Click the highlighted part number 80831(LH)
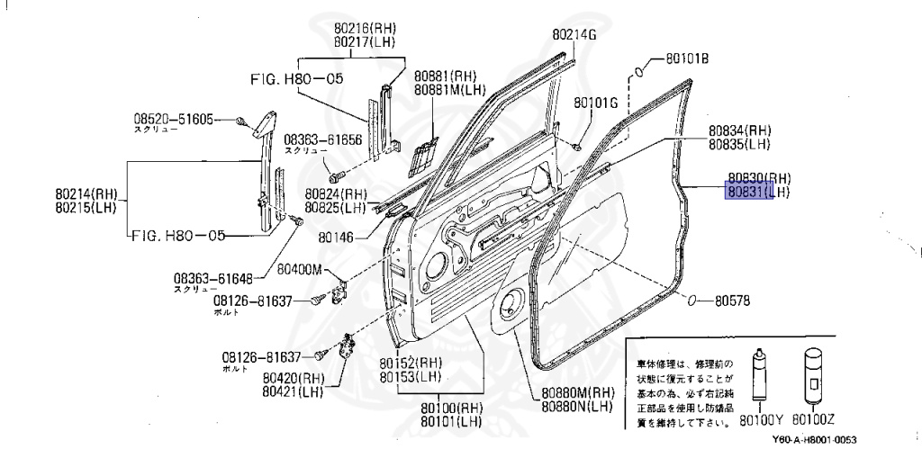point(758,191)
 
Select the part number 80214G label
point(574,34)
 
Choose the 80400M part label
point(299,268)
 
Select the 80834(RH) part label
point(739,130)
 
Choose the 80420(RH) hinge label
point(294,378)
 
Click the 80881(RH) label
point(445,76)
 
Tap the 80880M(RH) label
point(577,392)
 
